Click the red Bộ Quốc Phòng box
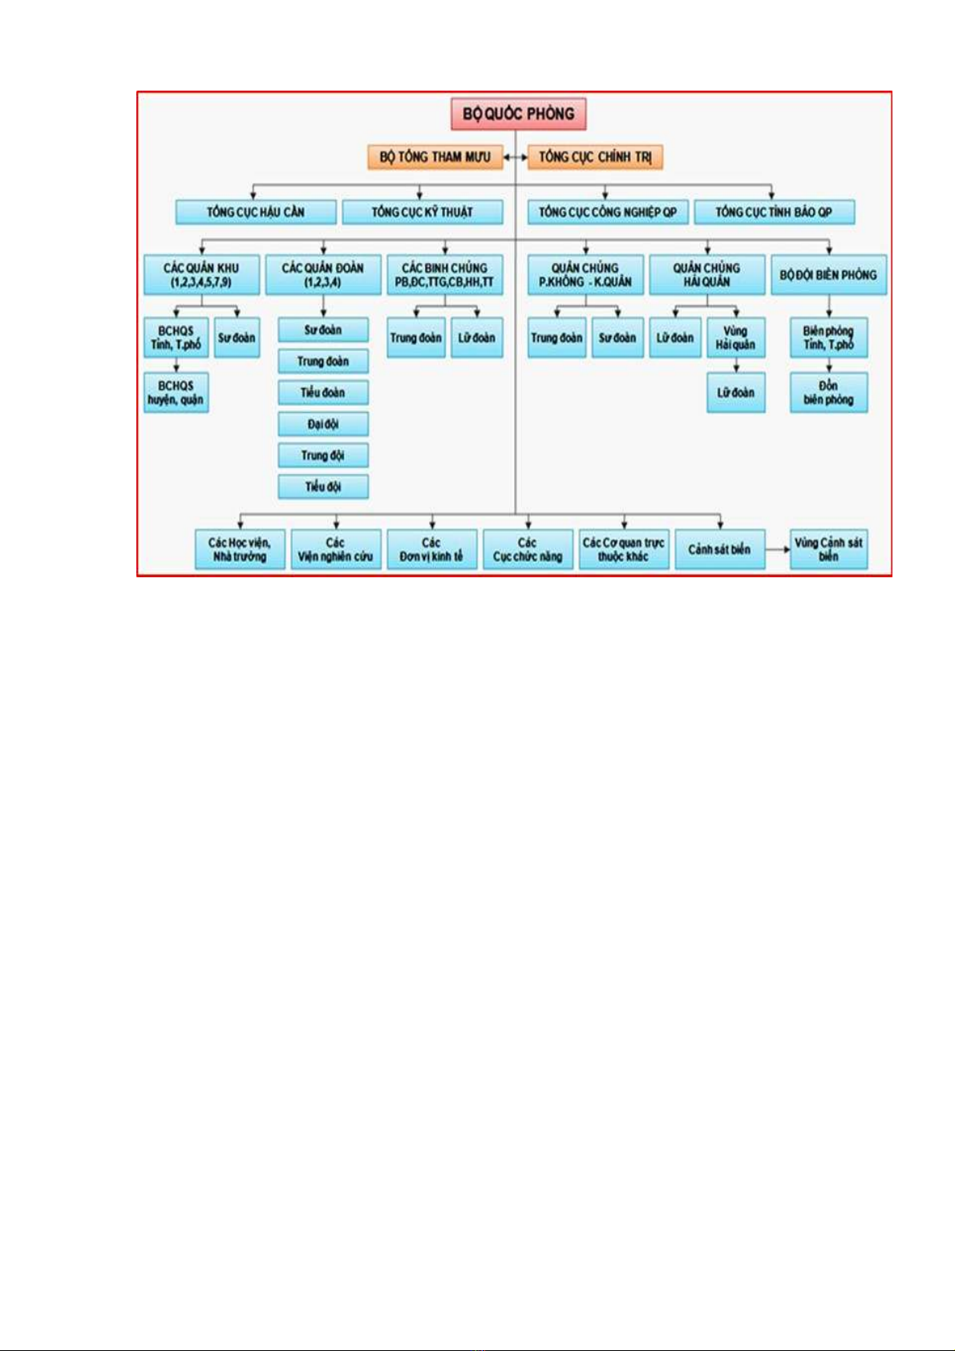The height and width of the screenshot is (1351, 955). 518,113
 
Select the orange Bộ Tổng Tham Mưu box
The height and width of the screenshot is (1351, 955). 435,157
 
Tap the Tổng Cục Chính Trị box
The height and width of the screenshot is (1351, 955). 595,157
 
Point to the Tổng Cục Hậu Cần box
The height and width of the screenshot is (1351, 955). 256,212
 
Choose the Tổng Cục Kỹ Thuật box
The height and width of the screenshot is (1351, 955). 423,212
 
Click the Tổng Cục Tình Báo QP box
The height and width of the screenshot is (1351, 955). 774,212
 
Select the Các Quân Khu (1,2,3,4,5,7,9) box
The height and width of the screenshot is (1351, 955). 201,274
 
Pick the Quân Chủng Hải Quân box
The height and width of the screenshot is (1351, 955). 707,274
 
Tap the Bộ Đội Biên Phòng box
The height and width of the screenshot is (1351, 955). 829,274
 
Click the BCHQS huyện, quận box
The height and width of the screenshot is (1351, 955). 176,393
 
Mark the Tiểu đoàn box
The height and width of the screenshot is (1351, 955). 323,393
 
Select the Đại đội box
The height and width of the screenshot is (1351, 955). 323,424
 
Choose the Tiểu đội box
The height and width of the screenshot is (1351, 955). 323,487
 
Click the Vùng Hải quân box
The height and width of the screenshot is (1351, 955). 736,338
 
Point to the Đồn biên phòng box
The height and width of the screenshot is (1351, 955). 829,393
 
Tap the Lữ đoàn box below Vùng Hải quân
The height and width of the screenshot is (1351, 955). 736,393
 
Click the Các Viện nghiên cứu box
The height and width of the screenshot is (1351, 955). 336,549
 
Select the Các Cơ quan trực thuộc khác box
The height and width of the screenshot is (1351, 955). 624,549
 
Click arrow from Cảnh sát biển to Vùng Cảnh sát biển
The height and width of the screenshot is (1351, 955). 778,549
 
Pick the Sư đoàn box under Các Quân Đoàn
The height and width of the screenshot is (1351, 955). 323,330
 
